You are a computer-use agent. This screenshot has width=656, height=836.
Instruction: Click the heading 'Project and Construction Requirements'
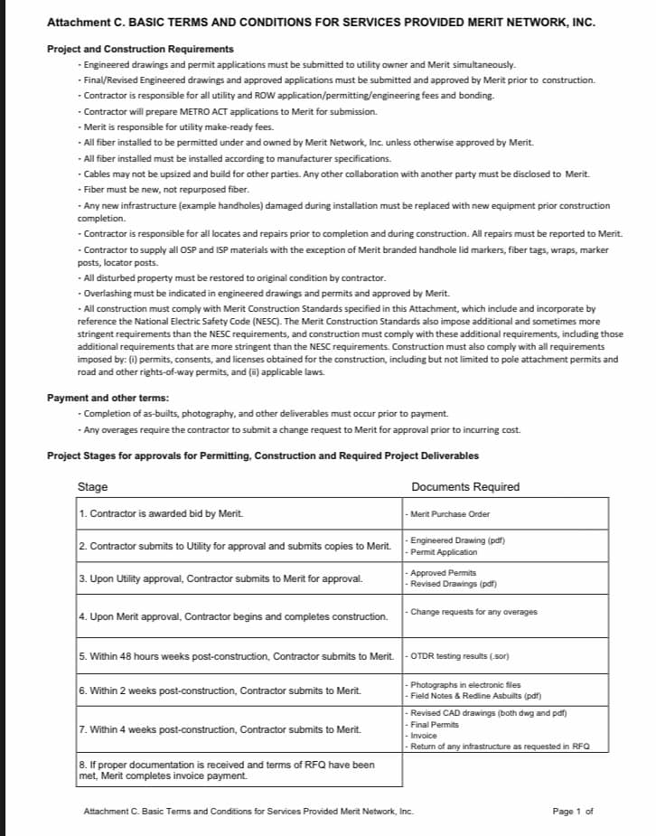tap(140, 49)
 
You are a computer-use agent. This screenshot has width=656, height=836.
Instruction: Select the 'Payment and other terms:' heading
tap(108, 398)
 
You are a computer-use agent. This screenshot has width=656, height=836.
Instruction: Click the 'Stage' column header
tap(93, 487)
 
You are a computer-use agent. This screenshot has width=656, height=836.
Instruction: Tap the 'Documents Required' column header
tap(465, 487)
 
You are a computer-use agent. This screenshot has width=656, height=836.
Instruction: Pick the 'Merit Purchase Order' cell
tap(450, 513)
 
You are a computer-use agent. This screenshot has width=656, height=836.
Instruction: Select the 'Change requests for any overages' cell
tap(473, 612)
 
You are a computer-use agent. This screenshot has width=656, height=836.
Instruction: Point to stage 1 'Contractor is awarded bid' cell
tap(162, 513)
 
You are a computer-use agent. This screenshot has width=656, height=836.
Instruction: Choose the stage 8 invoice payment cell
tap(227, 770)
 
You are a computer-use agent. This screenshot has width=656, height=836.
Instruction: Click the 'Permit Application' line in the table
tap(444, 551)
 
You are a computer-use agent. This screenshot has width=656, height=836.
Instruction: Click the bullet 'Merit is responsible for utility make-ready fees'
tap(177, 127)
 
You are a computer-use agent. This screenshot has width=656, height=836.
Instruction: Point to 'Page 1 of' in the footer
tap(572, 811)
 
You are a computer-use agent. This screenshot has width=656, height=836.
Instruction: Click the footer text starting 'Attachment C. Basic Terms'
tap(248, 811)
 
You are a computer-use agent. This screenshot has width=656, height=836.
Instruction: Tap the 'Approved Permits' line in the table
tap(443, 573)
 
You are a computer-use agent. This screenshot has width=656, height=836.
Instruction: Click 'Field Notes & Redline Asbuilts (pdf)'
tap(475, 696)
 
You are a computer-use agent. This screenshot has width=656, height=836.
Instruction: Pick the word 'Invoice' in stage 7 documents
tap(424, 736)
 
